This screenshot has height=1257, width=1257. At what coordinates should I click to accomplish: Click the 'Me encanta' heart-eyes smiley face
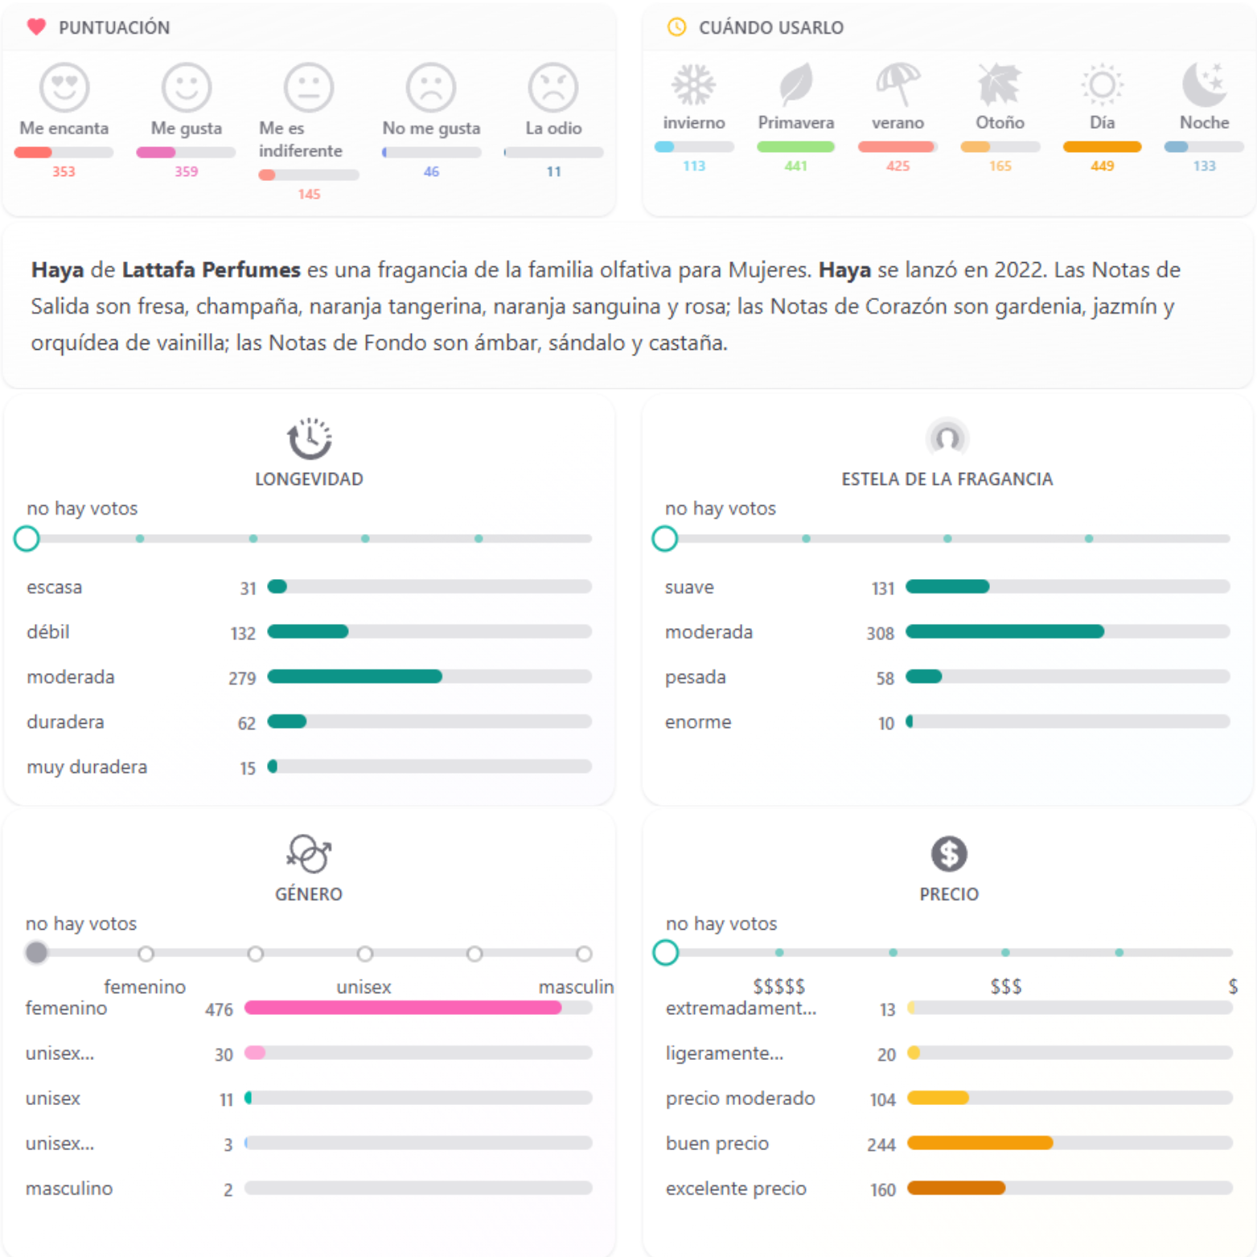[64, 87]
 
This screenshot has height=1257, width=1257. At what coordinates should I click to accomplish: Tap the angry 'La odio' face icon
[553, 87]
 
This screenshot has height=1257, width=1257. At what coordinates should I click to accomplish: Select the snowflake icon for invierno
[693, 84]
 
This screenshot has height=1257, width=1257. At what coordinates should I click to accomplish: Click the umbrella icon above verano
[898, 84]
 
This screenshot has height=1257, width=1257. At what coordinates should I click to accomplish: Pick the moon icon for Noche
[1204, 84]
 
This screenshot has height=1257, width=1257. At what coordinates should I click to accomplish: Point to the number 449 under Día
[1102, 166]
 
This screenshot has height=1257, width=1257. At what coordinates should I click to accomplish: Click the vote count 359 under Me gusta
[186, 171]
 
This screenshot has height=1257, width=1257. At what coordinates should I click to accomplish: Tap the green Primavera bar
[795, 147]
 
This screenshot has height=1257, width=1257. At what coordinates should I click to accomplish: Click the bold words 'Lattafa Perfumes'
[211, 269]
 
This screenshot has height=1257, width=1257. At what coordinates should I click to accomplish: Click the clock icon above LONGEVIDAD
[310, 438]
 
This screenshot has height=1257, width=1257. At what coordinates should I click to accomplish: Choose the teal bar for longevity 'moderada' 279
[355, 677]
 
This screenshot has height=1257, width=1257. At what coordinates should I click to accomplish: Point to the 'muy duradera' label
[87, 767]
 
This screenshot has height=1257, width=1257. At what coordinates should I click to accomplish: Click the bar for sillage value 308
[1004, 632]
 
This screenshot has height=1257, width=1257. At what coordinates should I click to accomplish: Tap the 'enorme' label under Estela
[698, 722]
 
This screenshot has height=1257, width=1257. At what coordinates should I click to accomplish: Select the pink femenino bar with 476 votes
[403, 1008]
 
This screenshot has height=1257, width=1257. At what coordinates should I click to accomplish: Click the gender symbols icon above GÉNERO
[309, 853]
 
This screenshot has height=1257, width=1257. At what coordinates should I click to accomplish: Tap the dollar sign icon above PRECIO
[949, 853]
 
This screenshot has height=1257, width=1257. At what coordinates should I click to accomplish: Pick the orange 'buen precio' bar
[980, 1143]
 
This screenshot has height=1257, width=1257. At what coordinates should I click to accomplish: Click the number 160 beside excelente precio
[882, 1189]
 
